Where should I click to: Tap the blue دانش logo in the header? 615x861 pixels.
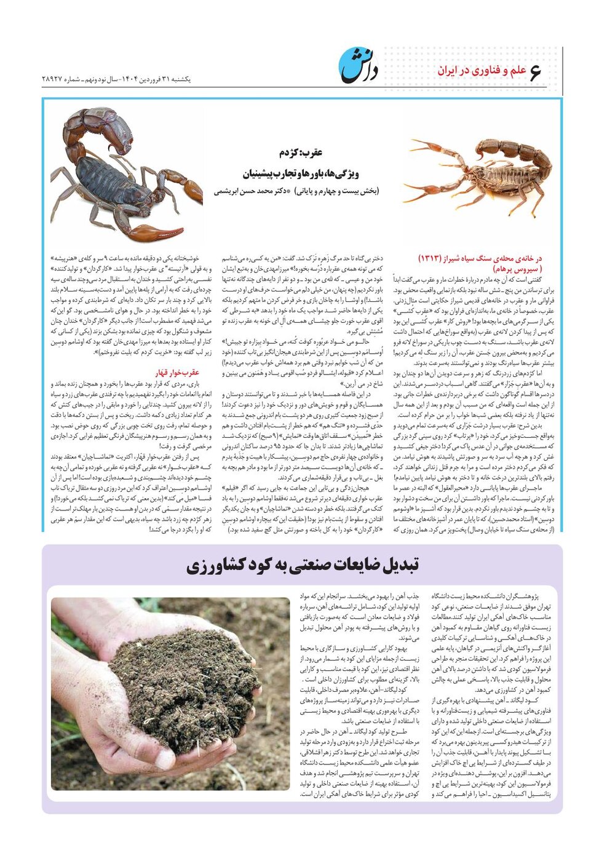coord(359,65)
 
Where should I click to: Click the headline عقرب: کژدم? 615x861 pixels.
coord(297,153)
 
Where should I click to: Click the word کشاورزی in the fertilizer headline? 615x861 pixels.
coord(215,566)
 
